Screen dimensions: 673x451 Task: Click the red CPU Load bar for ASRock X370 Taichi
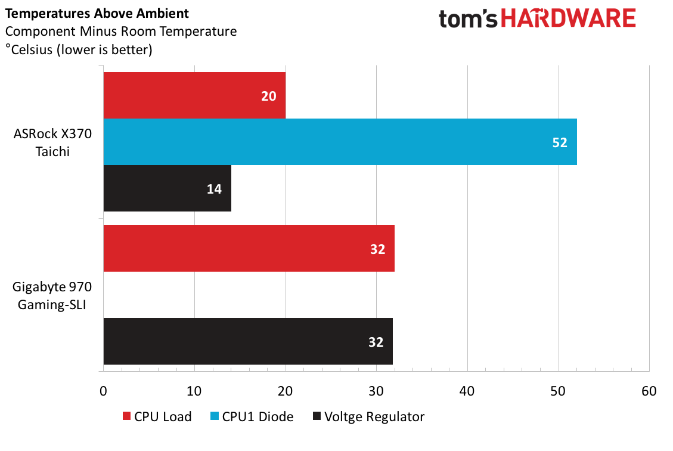(194, 95)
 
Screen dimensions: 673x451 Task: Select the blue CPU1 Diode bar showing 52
(340, 142)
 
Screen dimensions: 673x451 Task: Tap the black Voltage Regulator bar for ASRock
(168, 188)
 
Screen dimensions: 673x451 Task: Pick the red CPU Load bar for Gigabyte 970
(249, 248)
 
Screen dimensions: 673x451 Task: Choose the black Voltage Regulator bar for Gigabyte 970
(248, 341)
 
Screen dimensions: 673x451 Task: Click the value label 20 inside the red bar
(269, 96)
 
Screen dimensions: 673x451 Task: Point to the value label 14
(214, 189)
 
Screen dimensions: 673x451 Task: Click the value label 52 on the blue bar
(560, 142)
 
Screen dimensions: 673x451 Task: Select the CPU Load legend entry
(157, 416)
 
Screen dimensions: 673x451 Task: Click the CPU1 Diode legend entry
(252, 416)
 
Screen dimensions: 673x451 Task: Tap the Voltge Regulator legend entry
(369, 416)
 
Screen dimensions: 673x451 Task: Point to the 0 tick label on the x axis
(103, 391)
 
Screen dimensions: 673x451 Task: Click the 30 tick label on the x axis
(376, 391)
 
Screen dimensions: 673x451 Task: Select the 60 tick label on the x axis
(649, 391)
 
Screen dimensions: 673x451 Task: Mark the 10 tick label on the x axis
(194, 391)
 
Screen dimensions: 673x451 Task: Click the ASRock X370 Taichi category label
(52, 142)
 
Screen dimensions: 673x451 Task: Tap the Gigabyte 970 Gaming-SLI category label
(52, 296)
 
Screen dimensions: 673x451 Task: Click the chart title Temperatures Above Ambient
(97, 13)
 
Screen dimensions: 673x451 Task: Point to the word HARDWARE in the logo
(568, 18)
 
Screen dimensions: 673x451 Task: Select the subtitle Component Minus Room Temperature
(121, 32)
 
